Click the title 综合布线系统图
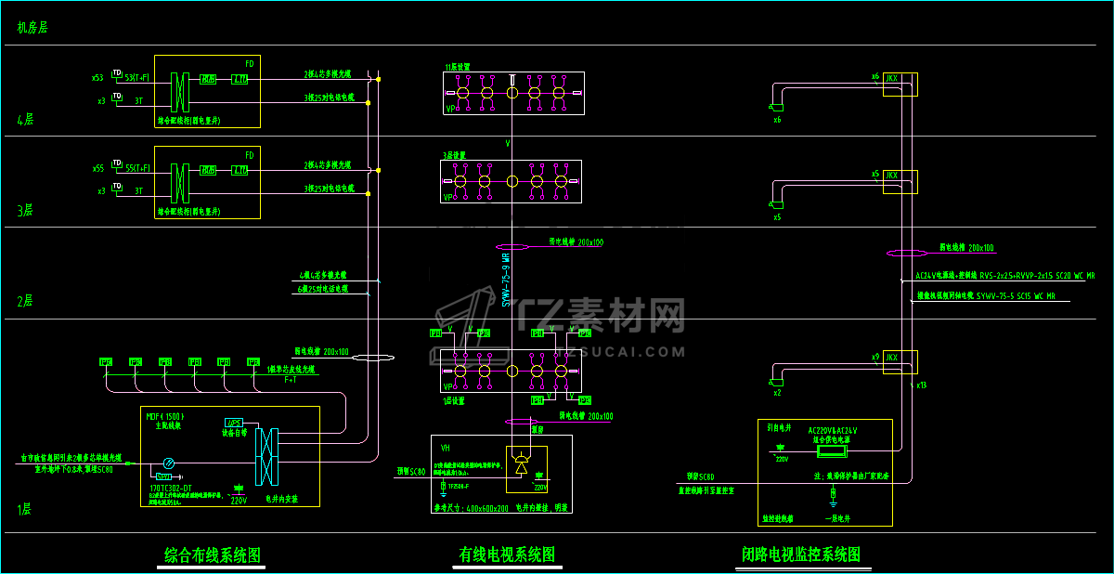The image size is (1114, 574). click(x=213, y=555)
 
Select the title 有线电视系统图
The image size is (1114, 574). click(x=507, y=554)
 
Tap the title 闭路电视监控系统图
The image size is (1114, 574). click(x=800, y=554)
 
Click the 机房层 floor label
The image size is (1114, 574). click(x=32, y=28)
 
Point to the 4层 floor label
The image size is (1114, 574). click(x=25, y=120)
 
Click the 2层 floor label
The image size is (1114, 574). click(x=25, y=301)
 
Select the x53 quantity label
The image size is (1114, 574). click(x=97, y=77)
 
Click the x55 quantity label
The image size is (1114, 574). click(x=97, y=168)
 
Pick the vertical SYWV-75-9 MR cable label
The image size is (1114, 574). click(x=507, y=279)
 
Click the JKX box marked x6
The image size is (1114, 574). click(x=891, y=77)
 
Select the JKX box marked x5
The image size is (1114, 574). click(x=891, y=175)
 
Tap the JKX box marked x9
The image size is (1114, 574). click(x=891, y=358)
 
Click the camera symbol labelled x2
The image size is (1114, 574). click(x=776, y=383)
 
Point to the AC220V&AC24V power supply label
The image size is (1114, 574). click(x=833, y=431)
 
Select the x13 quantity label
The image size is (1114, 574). click(x=922, y=385)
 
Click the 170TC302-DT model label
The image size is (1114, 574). click(x=171, y=487)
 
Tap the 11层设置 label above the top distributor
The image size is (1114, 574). click(x=458, y=67)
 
